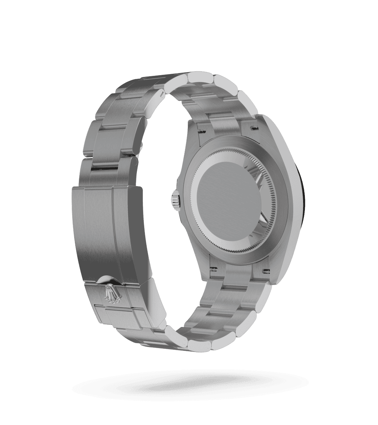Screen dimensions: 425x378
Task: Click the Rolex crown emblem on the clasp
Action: tap(111, 293)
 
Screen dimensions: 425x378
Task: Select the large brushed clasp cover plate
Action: tap(105, 231)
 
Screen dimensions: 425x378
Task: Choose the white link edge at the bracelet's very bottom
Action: tap(196, 345)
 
